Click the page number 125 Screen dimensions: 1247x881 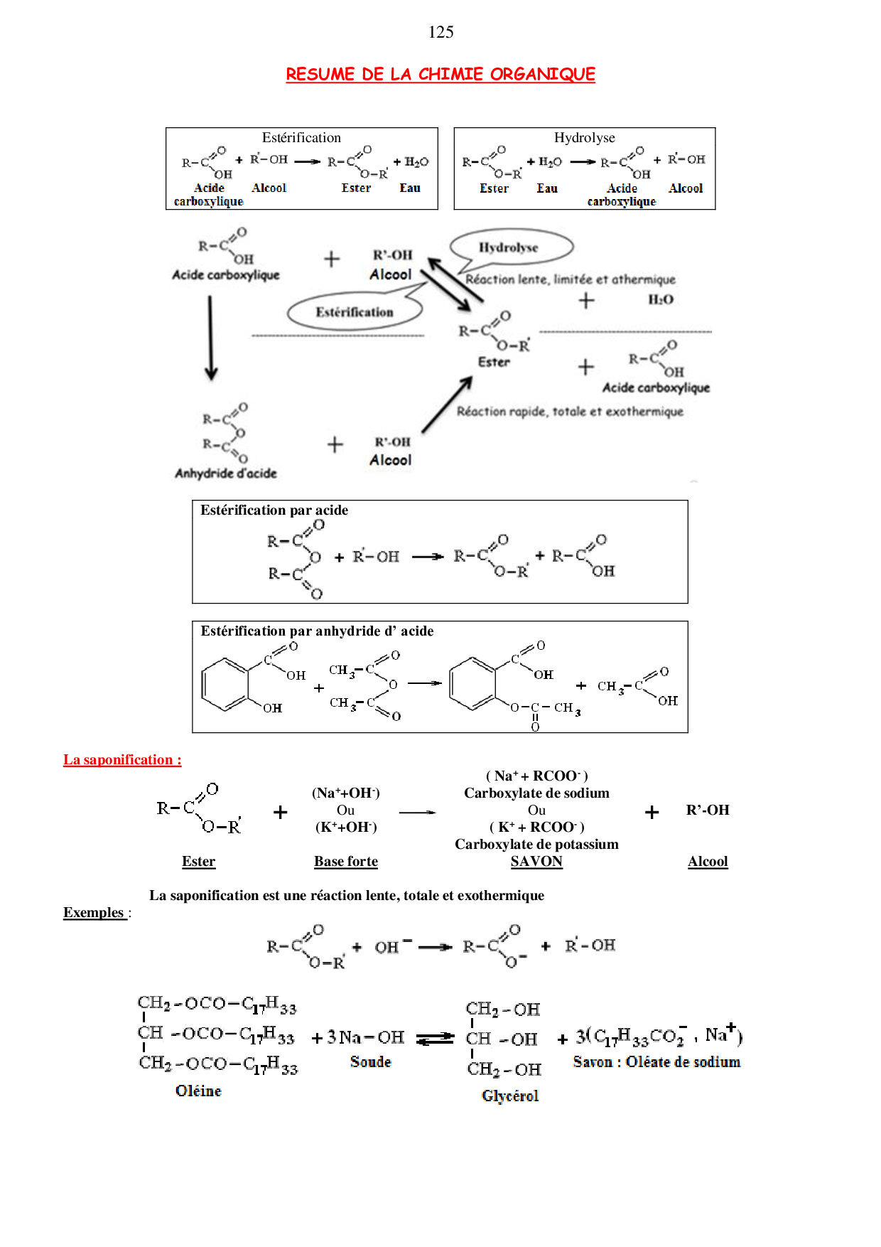coord(440,32)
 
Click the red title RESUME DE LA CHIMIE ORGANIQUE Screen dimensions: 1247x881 coord(440,74)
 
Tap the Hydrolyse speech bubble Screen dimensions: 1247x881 coord(510,247)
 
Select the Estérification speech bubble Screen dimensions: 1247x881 coord(355,312)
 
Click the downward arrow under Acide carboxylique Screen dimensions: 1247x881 coord(210,338)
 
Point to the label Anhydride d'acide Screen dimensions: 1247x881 coord(226,473)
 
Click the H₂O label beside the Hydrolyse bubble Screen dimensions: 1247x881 coord(660,300)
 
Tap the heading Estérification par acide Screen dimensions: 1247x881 coord(274,510)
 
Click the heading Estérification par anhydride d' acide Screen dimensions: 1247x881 coord(317,631)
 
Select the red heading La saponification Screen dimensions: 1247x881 coord(122,760)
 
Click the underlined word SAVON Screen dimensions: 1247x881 coord(536,862)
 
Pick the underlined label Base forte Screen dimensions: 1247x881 coord(346,862)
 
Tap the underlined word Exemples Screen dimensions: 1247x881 coord(94,913)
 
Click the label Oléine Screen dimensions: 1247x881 coord(198,1091)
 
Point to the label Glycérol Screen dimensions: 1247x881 coord(510,1096)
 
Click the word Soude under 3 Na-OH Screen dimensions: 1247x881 coord(370,1062)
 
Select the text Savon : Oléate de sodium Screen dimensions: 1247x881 coord(656,1062)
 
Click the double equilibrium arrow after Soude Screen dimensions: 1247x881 coord(435,1039)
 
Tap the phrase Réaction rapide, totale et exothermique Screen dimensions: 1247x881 coord(570,412)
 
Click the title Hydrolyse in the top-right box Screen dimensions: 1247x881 coord(584,138)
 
